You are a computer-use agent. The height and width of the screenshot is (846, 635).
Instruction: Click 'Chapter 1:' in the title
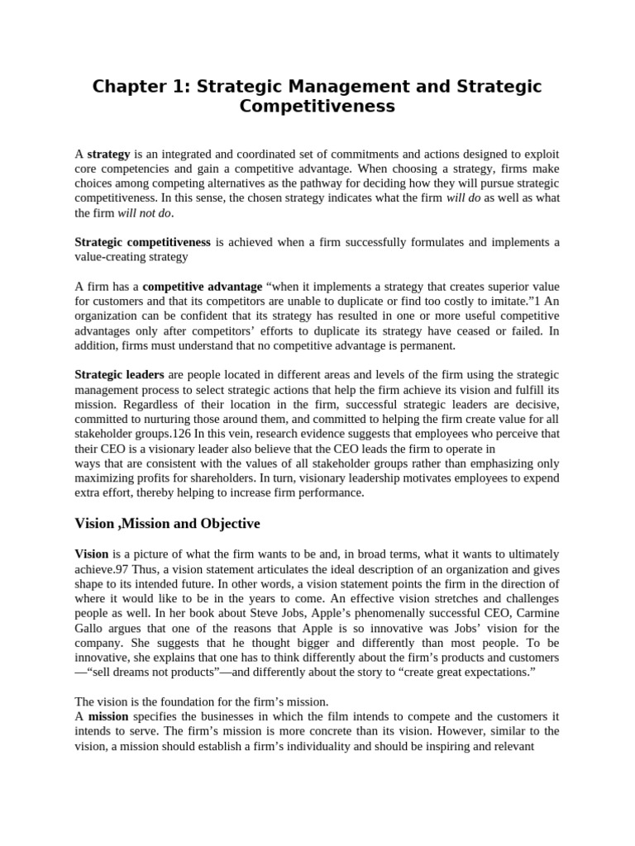[140, 87]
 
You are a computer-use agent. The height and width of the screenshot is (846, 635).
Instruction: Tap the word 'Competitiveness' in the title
[317, 107]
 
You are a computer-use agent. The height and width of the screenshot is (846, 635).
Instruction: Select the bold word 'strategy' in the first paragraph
[109, 154]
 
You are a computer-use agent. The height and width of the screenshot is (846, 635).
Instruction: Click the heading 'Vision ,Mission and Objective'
[167, 524]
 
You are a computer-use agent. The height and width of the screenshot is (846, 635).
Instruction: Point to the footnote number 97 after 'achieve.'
[125, 568]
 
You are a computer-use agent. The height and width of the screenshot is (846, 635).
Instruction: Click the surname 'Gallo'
[92, 628]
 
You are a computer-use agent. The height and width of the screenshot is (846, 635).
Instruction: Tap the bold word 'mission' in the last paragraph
[108, 716]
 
